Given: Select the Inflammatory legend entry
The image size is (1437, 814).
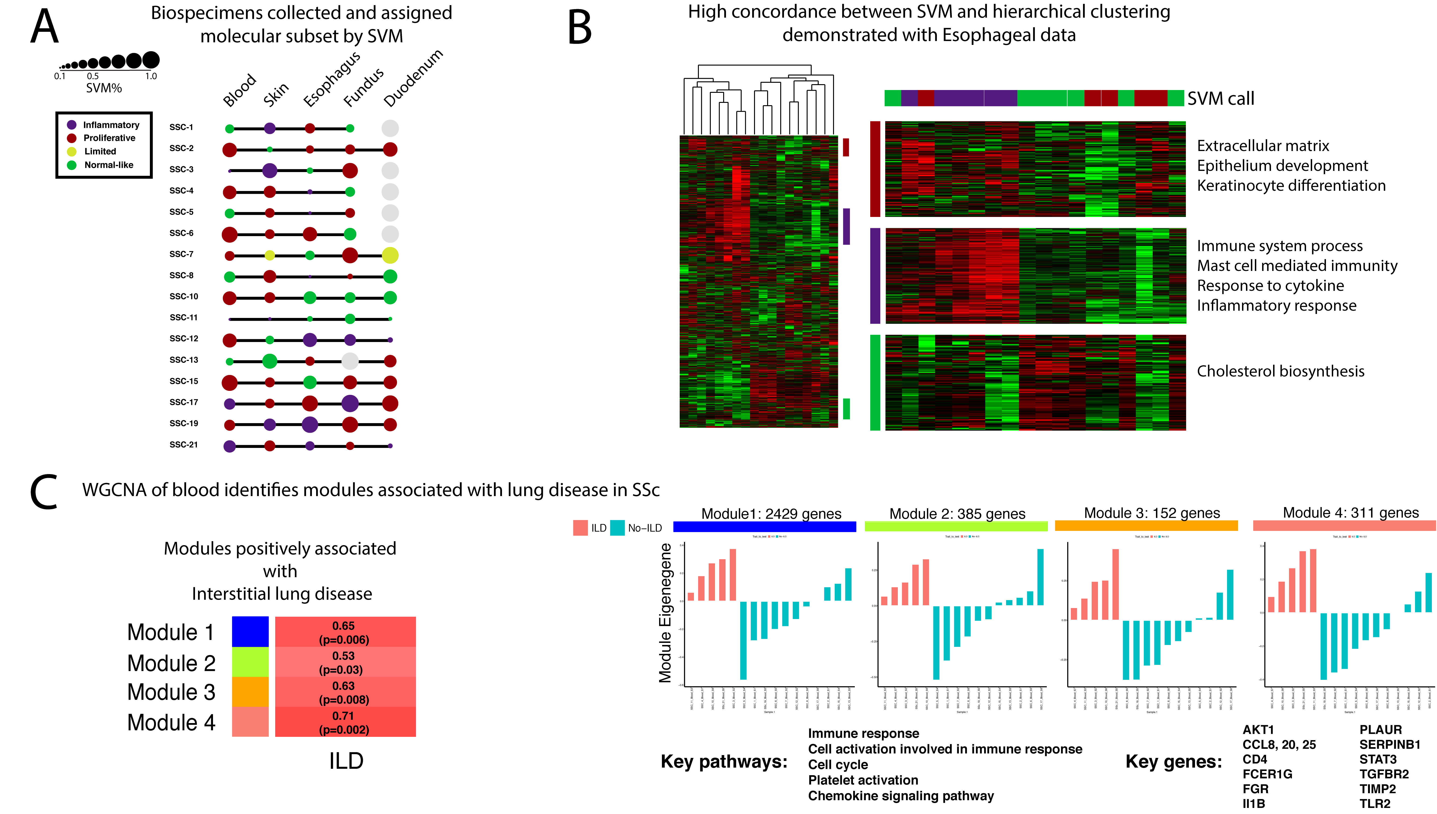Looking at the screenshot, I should click(111, 125).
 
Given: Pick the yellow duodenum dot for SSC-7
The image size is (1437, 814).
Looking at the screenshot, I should click(390, 256).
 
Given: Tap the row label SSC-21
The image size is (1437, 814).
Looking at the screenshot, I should click(183, 444).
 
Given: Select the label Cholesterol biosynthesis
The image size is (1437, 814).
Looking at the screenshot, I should click(1280, 371).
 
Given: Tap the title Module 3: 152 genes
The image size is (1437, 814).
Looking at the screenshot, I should click(1152, 513).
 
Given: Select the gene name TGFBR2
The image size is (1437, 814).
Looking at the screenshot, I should click(1384, 774).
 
